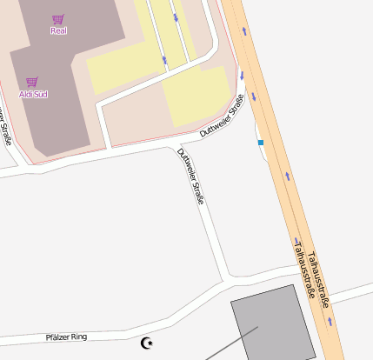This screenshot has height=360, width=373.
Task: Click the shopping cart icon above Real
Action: tap(58, 19)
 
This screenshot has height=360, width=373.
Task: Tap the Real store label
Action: tap(58, 31)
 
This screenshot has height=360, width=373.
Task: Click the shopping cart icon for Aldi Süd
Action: tap(33, 82)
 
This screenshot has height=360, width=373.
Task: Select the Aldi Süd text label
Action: tap(33, 93)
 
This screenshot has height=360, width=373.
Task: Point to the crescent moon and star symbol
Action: tap(147, 343)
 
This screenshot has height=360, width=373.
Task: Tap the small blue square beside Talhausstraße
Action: tap(260, 142)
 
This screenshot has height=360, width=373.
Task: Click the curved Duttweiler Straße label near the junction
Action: tap(223, 119)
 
